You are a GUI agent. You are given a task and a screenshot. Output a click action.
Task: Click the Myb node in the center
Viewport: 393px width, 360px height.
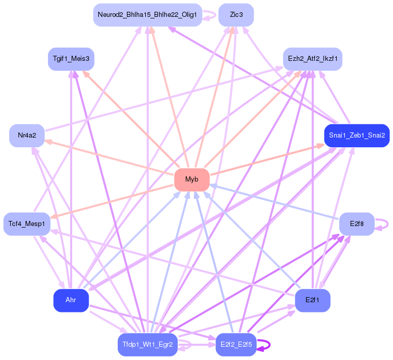click(x=192, y=179)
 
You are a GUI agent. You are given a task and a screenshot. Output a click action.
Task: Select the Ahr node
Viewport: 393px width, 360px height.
click(x=71, y=300)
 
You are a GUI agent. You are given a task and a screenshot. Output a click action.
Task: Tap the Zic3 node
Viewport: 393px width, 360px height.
click(x=236, y=15)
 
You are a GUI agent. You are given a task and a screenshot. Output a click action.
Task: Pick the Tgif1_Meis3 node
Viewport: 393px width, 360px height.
click(x=71, y=59)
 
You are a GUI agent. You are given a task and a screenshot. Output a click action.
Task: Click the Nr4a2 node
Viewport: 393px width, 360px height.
click(x=27, y=136)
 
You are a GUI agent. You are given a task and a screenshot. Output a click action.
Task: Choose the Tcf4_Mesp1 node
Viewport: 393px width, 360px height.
click(x=27, y=224)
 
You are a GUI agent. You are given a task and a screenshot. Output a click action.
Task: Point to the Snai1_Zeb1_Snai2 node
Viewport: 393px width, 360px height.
click(x=357, y=136)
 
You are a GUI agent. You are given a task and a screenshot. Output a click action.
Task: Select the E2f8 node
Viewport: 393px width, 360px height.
click(x=357, y=224)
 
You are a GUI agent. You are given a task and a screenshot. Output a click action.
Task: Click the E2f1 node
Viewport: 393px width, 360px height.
click(x=313, y=300)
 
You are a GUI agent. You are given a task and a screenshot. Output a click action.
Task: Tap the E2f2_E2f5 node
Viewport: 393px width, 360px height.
click(x=236, y=345)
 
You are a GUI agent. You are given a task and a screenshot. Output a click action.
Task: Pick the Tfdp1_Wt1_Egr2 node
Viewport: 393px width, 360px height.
click(x=147, y=345)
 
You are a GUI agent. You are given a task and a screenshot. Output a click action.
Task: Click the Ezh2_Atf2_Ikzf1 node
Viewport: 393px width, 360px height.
click(x=313, y=59)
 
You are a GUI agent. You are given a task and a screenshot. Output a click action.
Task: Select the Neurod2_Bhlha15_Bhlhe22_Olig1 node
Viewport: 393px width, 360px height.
click(x=147, y=15)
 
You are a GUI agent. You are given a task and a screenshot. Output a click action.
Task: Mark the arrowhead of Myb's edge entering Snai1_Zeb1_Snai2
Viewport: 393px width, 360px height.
click(x=320, y=145)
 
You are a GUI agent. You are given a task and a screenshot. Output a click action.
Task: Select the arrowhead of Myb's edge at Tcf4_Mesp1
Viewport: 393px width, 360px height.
click(x=54, y=216)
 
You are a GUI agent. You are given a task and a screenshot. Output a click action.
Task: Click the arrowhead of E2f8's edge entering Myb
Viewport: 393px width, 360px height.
click(x=213, y=186)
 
